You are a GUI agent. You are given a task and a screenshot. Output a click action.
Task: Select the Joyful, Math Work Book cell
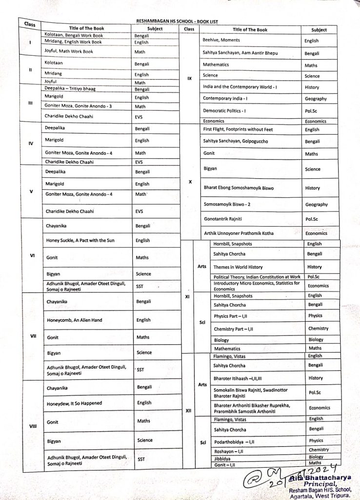[x=69, y=51]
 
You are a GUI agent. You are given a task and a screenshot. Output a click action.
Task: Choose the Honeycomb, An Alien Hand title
[x=74, y=320]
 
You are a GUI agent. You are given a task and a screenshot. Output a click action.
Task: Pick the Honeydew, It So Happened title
[x=73, y=403]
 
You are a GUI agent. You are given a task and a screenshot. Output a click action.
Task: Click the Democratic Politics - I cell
[x=225, y=111]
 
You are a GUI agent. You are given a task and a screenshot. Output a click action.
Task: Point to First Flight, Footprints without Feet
[x=238, y=129]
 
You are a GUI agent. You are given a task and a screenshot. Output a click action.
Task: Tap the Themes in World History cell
[x=238, y=267]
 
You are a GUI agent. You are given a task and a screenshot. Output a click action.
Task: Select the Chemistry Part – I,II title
[x=233, y=329]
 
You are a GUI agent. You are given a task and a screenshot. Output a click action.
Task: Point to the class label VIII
[x=33, y=426]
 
